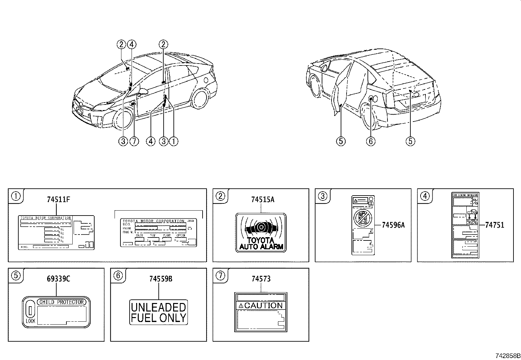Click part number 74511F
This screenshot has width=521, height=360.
(x=58, y=199)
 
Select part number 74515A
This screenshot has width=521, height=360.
(x=262, y=199)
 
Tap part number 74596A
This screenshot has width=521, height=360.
(x=393, y=225)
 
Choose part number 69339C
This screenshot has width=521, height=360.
(x=58, y=279)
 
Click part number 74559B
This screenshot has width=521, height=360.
(x=160, y=279)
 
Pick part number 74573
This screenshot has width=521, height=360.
(x=261, y=279)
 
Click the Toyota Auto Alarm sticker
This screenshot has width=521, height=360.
(x=261, y=233)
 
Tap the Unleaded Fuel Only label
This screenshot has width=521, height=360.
(x=158, y=313)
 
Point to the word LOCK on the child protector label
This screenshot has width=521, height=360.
(x=30, y=321)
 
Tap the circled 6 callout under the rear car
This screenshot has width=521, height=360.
(x=370, y=141)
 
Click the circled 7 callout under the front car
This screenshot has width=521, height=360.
(x=134, y=141)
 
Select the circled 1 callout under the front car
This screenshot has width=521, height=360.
(x=173, y=141)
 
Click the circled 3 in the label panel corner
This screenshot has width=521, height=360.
(x=322, y=196)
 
